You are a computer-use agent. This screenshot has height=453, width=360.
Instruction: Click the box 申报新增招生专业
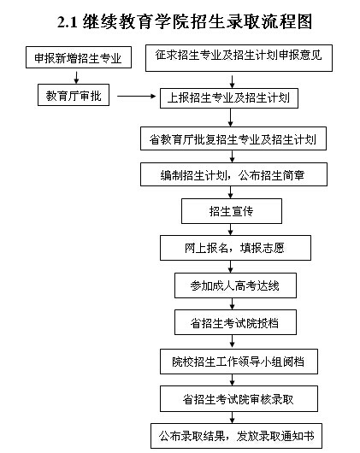point(79,57)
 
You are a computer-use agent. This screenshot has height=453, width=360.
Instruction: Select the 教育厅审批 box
point(74,95)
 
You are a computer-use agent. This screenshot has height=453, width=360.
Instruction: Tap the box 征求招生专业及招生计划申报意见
point(239,58)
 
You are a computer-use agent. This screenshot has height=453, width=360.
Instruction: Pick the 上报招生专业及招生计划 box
point(229,98)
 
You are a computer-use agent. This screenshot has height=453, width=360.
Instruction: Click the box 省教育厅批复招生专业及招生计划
point(233,138)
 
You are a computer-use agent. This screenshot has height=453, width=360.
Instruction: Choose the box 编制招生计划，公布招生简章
point(233,174)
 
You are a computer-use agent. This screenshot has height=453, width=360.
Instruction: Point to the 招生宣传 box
point(232,211)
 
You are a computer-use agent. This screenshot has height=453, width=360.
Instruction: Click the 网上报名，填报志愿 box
point(235,248)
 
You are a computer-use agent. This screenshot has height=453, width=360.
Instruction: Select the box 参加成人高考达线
point(235,285)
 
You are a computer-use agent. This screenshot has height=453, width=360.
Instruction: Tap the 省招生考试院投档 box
point(235,322)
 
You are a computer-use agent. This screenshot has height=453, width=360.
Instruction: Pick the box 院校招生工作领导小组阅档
point(239,362)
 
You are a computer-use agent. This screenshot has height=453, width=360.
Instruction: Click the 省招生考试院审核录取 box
point(239,399)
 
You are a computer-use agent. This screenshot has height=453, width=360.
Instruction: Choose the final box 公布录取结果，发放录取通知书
point(236,436)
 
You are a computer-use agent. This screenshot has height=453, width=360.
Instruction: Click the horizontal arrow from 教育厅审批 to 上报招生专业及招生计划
point(136,97)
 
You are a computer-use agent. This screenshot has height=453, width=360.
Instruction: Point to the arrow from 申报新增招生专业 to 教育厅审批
point(76,77)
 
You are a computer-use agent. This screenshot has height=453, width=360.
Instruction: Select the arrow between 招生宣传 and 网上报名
point(230,229)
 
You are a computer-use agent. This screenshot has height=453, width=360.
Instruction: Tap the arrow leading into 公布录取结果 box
point(233,417)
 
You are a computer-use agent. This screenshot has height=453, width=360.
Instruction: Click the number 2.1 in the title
point(68,21)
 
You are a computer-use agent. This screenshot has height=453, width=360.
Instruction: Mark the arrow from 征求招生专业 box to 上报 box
point(232,82)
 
